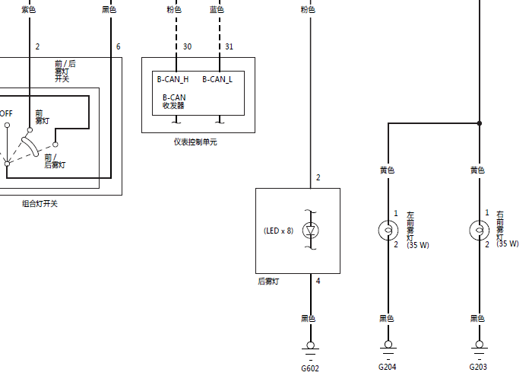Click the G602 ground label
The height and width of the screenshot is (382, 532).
click(x=310, y=368)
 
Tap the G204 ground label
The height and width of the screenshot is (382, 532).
click(x=387, y=367)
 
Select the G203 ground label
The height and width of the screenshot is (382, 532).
click(x=478, y=367)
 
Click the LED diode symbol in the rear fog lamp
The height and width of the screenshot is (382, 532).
click(x=310, y=231)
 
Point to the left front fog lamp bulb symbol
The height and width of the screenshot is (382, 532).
click(x=388, y=231)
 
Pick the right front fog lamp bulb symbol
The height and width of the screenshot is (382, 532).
click(x=480, y=231)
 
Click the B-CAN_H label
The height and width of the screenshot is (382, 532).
click(x=173, y=80)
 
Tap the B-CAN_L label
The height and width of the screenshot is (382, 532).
click(x=217, y=80)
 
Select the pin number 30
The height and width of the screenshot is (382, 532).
click(x=187, y=46)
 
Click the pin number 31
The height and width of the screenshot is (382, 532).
click(x=229, y=46)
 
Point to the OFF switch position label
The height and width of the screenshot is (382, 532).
click(x=6, y=113)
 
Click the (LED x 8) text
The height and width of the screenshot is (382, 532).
click(x=279, y=231)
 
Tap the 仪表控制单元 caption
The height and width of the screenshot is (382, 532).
click(x=195, y=142)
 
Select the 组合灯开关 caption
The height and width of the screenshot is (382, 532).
click(x=40, y=204)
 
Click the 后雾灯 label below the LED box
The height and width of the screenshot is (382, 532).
click(x=268, y=282)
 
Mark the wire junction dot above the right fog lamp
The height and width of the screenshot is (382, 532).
click(x=480, y=123)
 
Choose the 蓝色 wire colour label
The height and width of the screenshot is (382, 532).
click(x=217, y=10)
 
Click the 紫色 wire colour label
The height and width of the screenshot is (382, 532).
click(x=29, y=10)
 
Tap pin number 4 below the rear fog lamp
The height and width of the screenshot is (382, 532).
click(x=318, y=281)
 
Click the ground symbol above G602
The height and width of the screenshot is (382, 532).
click(x=310, y=350)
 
